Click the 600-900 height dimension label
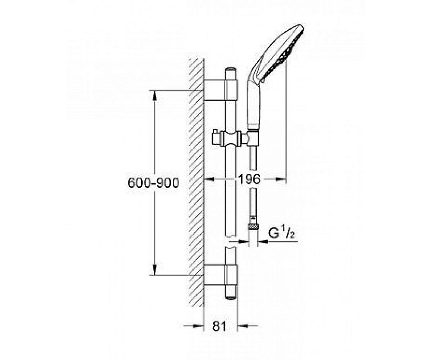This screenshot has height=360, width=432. click(x=153, y=183)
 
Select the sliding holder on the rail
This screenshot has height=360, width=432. click(x=231, y=139)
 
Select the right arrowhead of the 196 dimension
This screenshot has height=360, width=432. click(x=283, y=178)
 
